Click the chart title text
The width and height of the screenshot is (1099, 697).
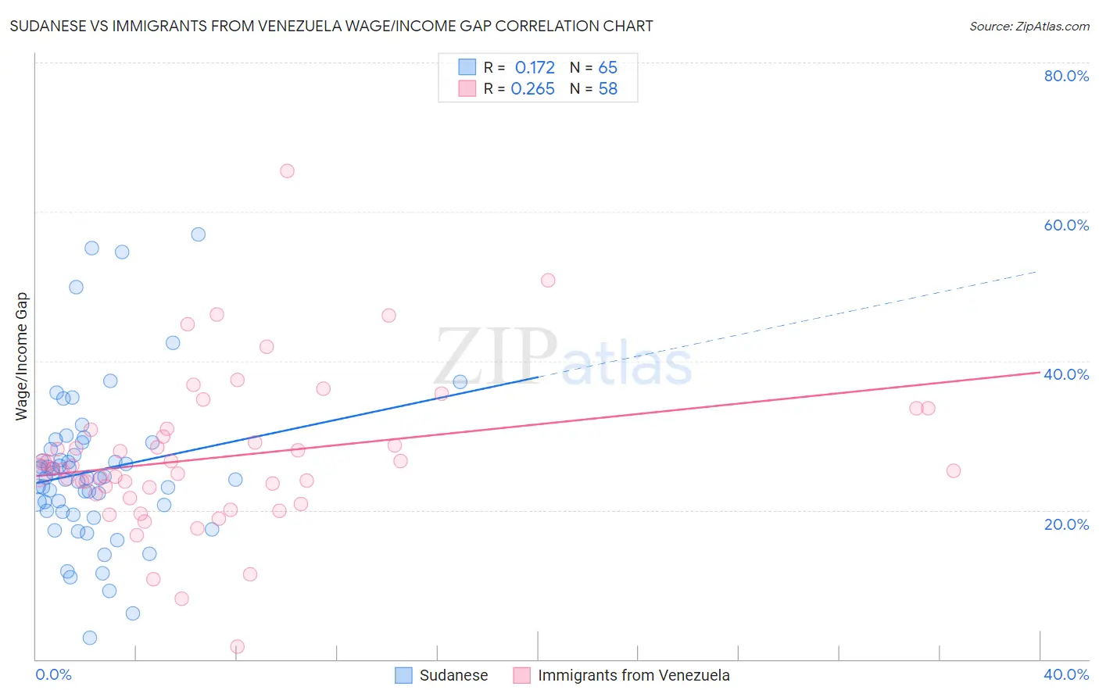331,26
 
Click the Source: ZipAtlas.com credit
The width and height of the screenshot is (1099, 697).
1029,26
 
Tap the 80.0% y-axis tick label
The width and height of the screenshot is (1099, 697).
1066,76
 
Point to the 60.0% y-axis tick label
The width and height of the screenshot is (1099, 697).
1066,225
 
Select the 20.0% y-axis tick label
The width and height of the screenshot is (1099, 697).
1066,524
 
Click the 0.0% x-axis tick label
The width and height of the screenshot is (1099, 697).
53,674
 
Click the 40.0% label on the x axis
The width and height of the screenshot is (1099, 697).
1066,674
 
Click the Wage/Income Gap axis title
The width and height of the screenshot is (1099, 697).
22,356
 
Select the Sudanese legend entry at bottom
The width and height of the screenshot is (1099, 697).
453,675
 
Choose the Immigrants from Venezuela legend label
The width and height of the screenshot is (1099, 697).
633,675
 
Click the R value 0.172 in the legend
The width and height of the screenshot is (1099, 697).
535,68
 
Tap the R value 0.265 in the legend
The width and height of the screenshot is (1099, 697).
532,89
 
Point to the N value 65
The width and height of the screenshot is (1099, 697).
607,68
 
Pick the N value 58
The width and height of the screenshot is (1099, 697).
607,89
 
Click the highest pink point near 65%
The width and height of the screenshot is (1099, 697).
287,171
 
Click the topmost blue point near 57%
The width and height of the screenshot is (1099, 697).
199,234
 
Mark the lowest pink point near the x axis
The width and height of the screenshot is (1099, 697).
238,646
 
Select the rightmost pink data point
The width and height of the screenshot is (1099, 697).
954,470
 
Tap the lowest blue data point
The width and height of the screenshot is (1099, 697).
90,638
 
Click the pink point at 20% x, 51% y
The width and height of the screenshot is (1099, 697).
548,281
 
